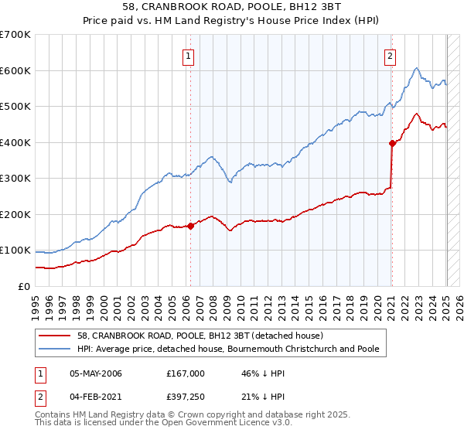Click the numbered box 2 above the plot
coord(391,56)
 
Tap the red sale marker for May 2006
coord(190,226)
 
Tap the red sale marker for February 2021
coord(392,143)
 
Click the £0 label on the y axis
coord(24,286)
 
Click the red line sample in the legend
coord(56,336)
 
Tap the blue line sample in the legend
coord(56,349)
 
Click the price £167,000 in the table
coord(186,373)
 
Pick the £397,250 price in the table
coord(186,395)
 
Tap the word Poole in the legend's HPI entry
coord(367,349)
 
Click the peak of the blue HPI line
coord(416,68)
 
